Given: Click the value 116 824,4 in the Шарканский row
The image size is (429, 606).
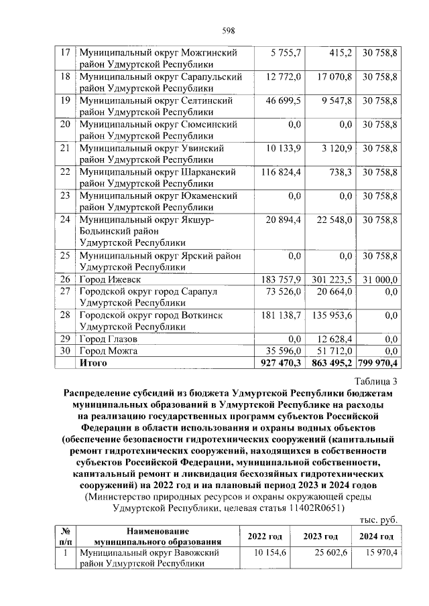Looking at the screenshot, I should pos(281,172).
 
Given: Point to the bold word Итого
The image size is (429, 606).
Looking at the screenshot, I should pos(93,362).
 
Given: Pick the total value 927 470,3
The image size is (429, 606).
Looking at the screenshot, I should pos(281,362).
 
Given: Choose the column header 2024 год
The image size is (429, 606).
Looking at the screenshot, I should pos(376,536).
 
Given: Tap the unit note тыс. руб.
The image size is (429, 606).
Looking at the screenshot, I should pos(379,520).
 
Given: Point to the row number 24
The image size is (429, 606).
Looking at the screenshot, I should pos(66,219).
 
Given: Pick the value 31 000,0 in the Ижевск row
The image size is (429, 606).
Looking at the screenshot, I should pos(379,279).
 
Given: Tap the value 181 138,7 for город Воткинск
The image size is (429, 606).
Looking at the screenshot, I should pos(281,315).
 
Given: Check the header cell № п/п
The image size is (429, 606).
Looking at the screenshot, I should pos(66,536).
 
